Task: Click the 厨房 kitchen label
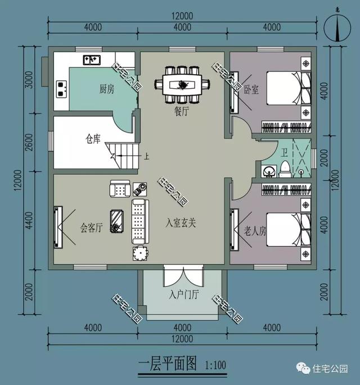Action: coord(107,88)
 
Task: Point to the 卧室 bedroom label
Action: coord(251,89)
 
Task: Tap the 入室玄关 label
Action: coord(181,223)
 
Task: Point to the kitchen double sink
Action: coord(92,58)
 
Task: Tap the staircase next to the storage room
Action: coord(124,155)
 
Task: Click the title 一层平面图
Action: coord(167,364)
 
